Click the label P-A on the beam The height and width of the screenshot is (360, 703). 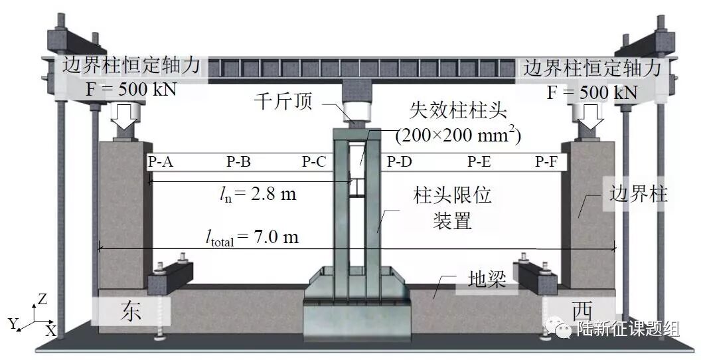[x=160, y=161]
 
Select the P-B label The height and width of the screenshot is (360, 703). [x=238, y=161]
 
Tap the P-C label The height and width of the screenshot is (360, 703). [x=314, y=161]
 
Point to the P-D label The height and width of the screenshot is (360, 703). [x=400, y=161]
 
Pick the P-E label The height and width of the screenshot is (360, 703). [x=479, y=161]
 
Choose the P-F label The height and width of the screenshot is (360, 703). [x=548, y=161]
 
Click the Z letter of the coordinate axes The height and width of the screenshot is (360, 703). [x=42, y=300]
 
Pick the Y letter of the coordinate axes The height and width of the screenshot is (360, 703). [x=11, y=323]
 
